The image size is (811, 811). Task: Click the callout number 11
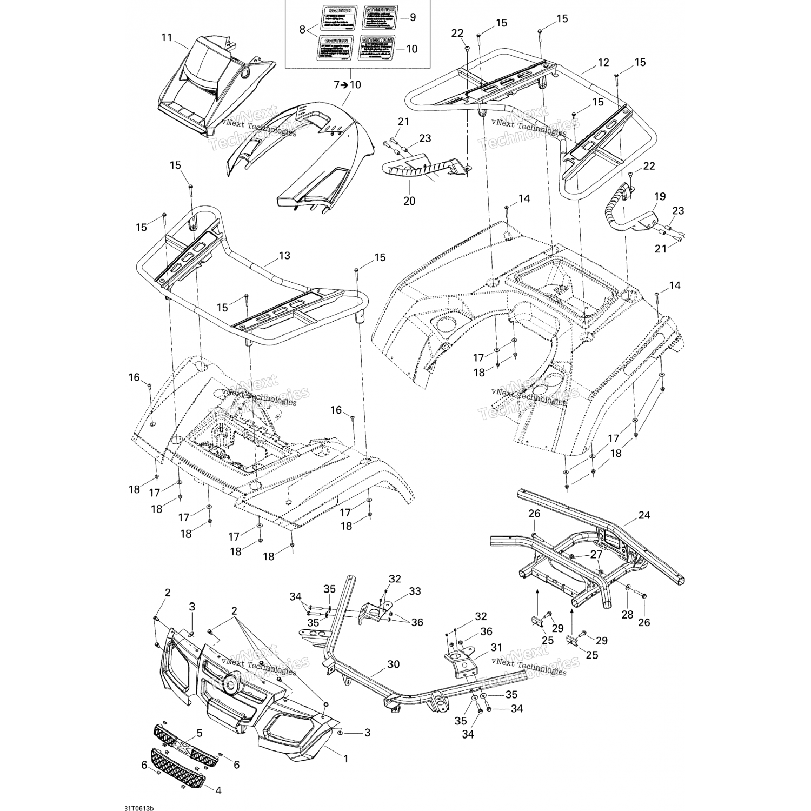pos(166,37)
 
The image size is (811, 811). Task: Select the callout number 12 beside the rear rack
pos(603,63)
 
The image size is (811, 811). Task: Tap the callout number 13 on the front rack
pos(284,255)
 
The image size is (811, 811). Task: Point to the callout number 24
pos(644,515)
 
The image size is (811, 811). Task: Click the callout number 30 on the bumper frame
pos(394,664)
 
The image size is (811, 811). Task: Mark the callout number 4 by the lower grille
pos(218,790)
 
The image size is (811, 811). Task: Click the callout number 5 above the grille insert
pos(200,734)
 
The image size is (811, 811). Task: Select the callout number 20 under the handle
pos(409,201)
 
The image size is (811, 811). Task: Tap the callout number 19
pos(660,196)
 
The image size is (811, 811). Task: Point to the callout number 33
pos(415,591)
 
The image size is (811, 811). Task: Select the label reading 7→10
pos(348,85)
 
